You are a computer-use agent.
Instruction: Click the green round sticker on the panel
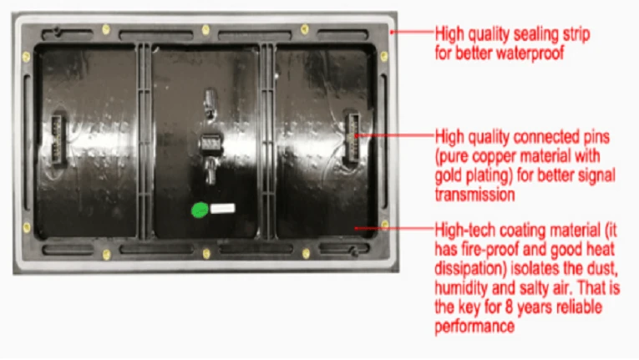click(x=200, y=210)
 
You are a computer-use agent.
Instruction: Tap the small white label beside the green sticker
click(x=225, y=209)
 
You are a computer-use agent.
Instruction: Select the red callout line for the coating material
click(x=392, y=226)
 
